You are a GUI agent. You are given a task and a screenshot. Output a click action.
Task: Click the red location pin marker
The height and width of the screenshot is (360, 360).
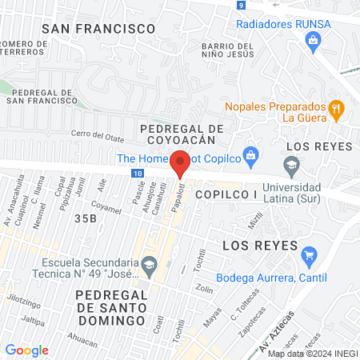180,162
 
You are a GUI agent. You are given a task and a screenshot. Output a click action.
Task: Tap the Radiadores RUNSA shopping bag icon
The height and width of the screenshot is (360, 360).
313,38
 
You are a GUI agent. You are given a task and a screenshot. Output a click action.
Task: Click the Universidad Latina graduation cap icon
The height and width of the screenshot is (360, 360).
292,164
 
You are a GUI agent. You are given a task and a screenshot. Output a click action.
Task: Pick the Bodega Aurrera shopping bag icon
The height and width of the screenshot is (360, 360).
309,256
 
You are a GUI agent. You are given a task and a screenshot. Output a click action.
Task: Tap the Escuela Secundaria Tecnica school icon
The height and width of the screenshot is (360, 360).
149,263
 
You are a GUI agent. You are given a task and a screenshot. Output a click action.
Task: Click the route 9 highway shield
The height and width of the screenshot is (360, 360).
241,5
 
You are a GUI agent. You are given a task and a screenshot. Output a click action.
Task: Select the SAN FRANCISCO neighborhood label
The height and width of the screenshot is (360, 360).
98,28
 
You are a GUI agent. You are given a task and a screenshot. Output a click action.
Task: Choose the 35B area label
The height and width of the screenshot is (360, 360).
85,217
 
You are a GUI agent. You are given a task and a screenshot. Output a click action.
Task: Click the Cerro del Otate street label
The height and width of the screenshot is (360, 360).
100,134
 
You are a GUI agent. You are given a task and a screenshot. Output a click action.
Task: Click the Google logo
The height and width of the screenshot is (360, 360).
26,350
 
